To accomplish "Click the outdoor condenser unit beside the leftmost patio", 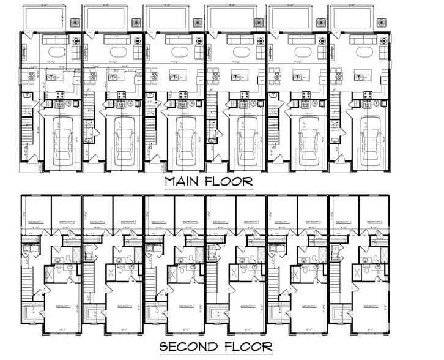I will pos(75,22).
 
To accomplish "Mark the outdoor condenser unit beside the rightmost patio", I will pos(382,22).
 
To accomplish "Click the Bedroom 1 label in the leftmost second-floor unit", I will pos(64,306).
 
